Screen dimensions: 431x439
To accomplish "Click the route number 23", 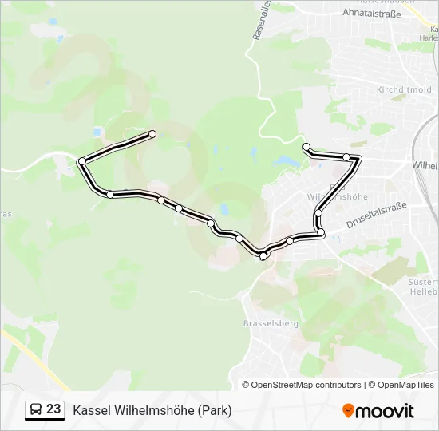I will pos(53,409).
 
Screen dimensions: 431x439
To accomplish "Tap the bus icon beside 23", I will pos(35,410).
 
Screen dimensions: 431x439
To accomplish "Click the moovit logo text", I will pos(385,411).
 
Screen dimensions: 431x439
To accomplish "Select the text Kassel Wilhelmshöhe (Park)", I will pos(152,411).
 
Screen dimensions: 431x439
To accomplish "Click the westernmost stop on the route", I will pos(81,161).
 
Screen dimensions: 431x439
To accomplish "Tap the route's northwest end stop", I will pos(152,133).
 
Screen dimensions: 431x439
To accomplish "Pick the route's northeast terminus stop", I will pos(306,146).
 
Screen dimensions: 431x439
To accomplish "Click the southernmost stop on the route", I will pos(263,256).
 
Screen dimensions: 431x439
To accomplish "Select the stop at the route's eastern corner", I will pos(346,157).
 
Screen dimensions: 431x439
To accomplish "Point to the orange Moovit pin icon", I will pos(348,410).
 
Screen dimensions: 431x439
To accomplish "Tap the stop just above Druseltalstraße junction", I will pos(318,212).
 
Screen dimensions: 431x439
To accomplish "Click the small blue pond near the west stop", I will pos(97,132).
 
